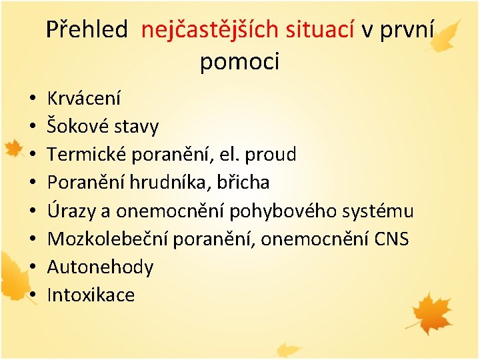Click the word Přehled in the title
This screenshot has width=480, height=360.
tap(87, 29)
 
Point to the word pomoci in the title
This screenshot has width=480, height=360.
tap(239, 62)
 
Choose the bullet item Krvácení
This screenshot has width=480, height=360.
tap(84, 99)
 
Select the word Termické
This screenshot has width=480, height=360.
tap(88, 155)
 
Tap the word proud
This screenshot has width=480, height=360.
tap(271, 155)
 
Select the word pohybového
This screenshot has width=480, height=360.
tap(280, 211)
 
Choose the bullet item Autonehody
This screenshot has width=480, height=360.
tap(100, 267)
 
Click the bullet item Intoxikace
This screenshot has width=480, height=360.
tap(91, 295)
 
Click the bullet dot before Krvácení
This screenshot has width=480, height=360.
tap(32, 99)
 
